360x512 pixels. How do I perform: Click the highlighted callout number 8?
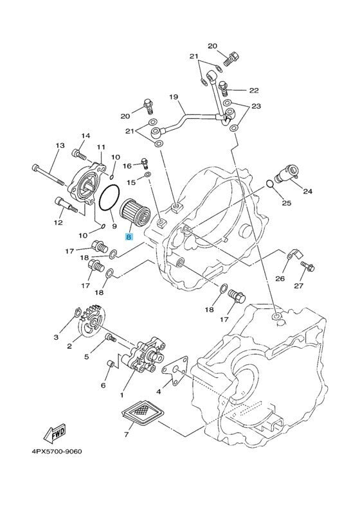[x=129, y=237]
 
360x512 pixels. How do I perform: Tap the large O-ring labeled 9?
[x=109, y=197]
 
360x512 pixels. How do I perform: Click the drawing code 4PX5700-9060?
[x=57, y=452]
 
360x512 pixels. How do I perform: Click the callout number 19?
[x=174, y=97]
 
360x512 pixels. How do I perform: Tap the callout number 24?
[x=307, y=191]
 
